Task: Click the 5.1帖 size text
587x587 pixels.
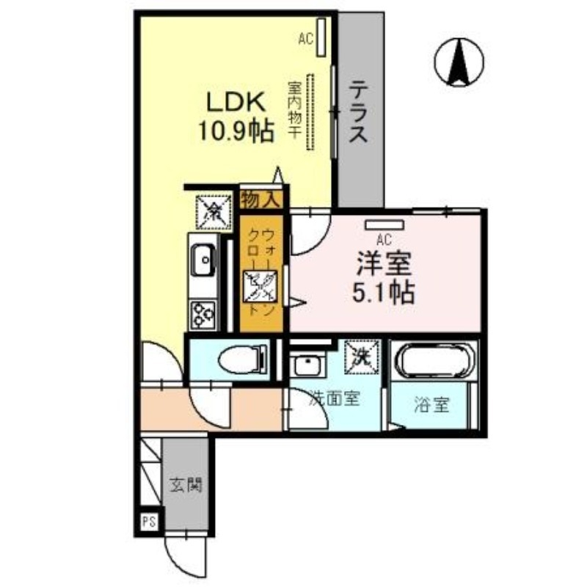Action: coord(384,293)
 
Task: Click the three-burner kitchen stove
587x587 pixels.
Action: coord(202,314)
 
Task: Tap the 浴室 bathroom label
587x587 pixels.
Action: coord(430,404)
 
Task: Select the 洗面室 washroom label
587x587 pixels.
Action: coord(333,399)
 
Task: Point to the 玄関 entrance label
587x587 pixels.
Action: coord(186,485)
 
